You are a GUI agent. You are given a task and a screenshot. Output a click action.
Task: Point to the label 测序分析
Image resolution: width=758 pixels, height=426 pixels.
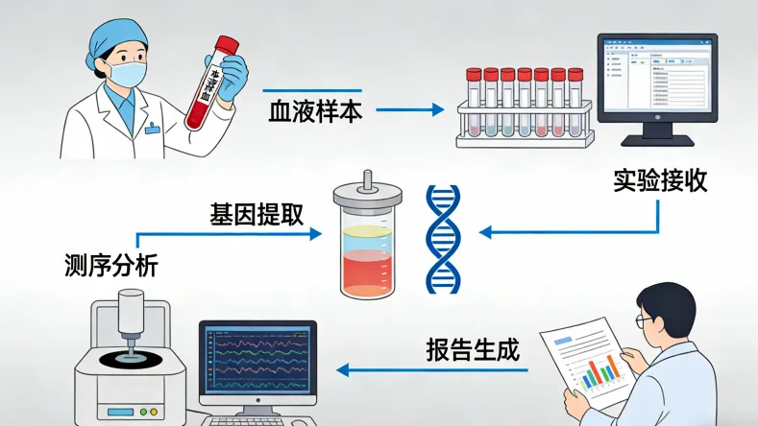[x=110, y=263]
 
